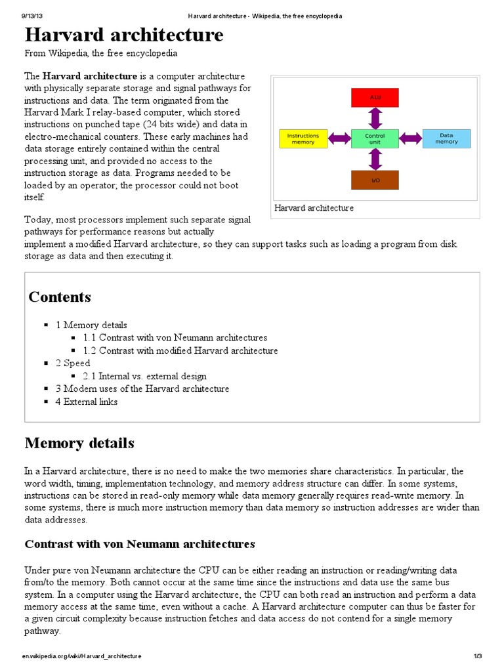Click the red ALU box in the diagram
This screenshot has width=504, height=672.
pos(375,97)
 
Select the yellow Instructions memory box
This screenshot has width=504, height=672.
pos(303,138)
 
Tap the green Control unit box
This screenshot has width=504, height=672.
pos(375,138)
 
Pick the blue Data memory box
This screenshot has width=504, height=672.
pos(446,138)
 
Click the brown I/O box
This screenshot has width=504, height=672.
pos(375,179)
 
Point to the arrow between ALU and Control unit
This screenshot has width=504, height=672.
pos(375,117)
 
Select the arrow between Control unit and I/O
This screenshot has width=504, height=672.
pos(375,159)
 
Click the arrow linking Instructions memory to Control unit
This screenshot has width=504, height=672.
pos(339,138)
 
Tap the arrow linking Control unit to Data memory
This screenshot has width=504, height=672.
pos(410,138)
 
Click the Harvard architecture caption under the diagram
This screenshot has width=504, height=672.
pos(314,208)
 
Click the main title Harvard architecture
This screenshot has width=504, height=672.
pos(124,34)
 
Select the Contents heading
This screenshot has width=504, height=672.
pos(60,297)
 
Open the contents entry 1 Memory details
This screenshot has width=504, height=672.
pos(91,325)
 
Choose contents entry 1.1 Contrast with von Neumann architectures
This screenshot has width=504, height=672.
pos(175,337)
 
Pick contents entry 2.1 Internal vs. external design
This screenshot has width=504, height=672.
pos(145,376)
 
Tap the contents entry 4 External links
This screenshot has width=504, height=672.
pos(86,402)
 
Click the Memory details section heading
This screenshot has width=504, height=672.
pos(79,443)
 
